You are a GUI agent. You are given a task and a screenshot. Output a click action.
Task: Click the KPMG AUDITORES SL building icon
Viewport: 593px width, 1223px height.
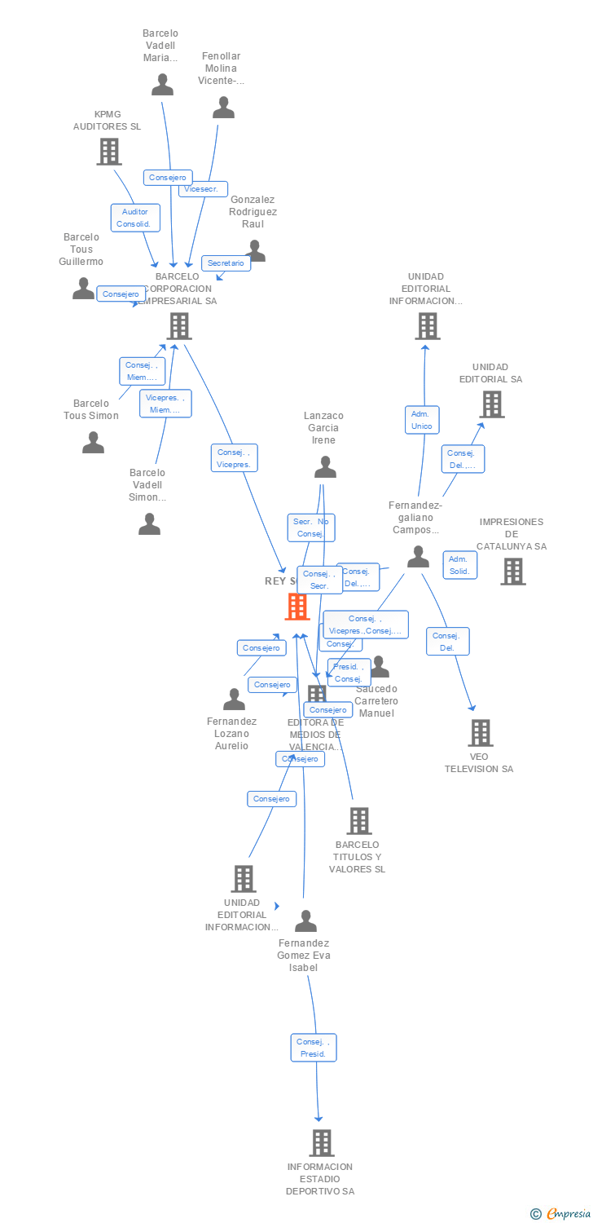[x=109, y=152]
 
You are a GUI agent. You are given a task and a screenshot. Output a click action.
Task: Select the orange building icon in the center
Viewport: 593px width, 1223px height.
[x=297, y=607]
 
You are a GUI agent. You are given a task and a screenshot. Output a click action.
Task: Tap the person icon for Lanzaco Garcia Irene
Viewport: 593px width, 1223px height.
[x=325, y=467]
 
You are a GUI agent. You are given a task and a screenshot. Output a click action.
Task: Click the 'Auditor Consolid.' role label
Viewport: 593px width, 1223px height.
[x=135, y=218]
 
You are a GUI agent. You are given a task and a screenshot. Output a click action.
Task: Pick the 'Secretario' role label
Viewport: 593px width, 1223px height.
[x=226, y=263]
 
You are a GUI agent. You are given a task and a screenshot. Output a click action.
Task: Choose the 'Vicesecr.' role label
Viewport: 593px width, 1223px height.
[x=202, y=189]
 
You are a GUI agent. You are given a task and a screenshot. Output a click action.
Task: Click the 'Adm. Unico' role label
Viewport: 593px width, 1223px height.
[x=421, y=420]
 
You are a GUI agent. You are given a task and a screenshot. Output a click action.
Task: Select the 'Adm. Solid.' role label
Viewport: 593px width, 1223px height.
[x=459, y=565]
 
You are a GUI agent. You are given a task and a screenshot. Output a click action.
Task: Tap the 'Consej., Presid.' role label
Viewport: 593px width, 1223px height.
[x=313, y=1048]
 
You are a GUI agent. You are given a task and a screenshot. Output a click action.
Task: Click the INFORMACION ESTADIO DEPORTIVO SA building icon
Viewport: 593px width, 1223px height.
[x=322, y=1143]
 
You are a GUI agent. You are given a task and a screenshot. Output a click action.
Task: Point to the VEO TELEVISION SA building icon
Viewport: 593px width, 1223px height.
[x=481, y=733]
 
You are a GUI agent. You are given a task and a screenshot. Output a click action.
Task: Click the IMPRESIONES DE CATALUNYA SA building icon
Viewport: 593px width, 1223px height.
[x=513, y=572]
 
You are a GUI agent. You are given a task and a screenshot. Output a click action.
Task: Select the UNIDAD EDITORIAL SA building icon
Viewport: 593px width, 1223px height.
[x=491, y=404]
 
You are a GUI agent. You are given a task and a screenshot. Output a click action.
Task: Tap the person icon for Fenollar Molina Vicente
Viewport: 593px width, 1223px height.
[x=223, y=108]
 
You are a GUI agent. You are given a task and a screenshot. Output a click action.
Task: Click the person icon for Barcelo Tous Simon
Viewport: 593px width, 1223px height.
[x=94, y=443]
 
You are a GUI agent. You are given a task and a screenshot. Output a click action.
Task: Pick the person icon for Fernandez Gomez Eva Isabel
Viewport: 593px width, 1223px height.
[x=305, y=921]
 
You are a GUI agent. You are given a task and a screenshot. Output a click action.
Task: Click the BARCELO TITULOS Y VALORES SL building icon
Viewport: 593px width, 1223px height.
[x=358, y=821]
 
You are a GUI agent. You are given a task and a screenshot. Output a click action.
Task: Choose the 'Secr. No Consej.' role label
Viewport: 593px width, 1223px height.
[x=311, y=528]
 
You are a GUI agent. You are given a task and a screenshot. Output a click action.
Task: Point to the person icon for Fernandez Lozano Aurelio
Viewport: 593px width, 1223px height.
[x=235, y=700]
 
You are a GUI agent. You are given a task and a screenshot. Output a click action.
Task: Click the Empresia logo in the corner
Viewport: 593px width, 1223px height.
[x=561, y=1214]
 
